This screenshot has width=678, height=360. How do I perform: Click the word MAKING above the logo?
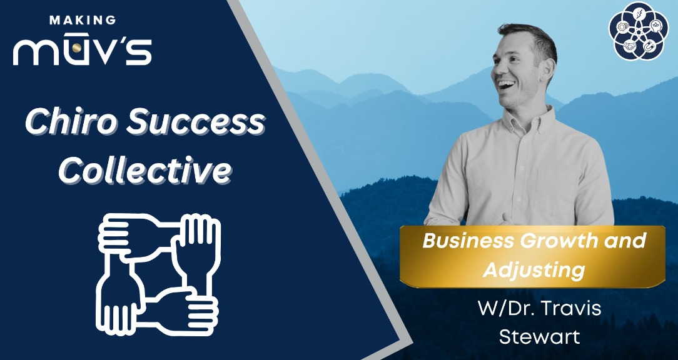click(83, 20)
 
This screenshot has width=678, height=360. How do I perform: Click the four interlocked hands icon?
click(159, 273)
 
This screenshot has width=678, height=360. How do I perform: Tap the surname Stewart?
click(539, 337)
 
